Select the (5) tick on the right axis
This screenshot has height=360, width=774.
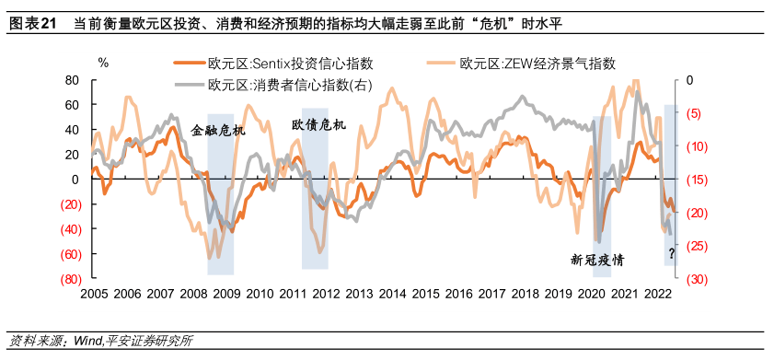(693, 113)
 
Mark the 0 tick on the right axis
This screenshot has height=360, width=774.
(687, 80)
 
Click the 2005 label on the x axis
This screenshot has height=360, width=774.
(94, 295)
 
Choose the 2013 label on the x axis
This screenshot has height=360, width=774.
(359, 295)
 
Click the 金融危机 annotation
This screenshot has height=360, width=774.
(219, 131)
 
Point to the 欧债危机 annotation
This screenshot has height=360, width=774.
(318, 123)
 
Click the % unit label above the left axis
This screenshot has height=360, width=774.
(103, 64)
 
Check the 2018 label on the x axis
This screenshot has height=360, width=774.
(525, 295)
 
